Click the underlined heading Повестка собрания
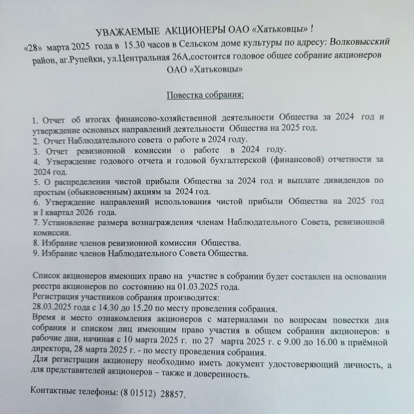pos(205,95)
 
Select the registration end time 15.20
pos(139,307)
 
